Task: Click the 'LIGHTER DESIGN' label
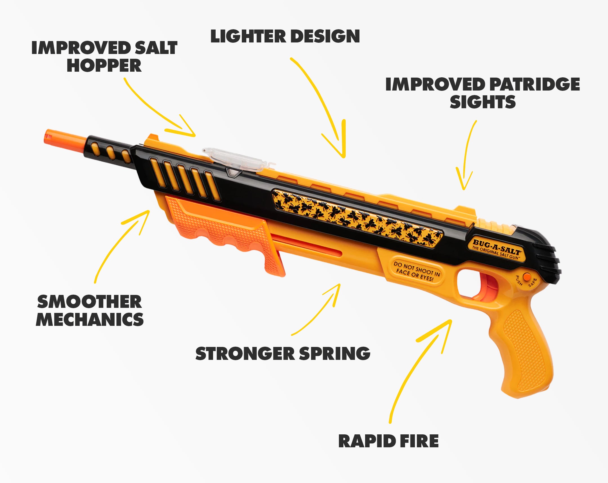(285, 36)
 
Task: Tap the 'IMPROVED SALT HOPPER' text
(104, 56)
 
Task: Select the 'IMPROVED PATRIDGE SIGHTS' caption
(482, 93)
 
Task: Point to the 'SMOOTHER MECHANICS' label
(90, 310)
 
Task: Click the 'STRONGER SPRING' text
(283, 353)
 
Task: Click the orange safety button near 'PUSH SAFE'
(526, 277)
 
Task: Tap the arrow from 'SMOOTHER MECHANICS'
(119, 245)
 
